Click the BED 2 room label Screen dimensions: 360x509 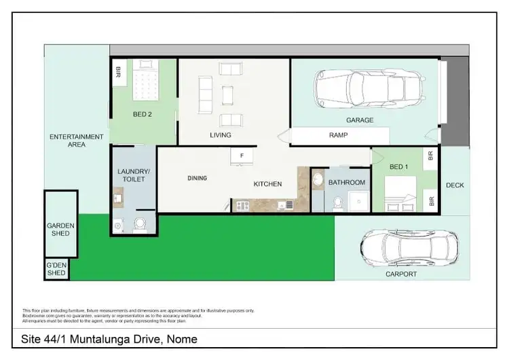(142, 115)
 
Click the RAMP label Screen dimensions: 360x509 (339, 135)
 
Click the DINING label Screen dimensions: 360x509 (197, 178)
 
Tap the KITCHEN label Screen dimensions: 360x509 (267, 184)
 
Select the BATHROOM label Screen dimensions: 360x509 (346, 183)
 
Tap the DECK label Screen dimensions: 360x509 (455, 185)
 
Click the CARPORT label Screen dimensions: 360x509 (401, 274)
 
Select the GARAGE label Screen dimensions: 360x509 (360, 120)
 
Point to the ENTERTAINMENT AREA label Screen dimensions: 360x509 (77, 141)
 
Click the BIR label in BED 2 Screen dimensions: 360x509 (118, 71)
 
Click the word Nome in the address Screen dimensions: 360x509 (183, 339)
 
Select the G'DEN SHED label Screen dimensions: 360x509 (56, 269)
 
